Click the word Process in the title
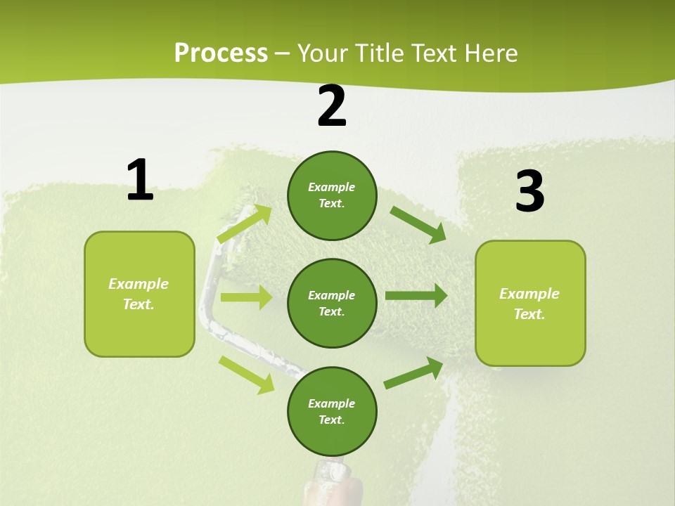221,53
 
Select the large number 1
140,181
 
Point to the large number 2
332,106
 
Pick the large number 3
529,192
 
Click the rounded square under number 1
139,294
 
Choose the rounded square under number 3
530,303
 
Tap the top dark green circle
332,195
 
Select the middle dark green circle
332,303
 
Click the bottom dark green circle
332,411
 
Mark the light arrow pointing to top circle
245,223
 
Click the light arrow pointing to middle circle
246,297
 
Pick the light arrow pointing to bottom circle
247,374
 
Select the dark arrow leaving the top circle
418,224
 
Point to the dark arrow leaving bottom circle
413,372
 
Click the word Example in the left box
139,284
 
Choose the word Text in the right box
529,314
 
